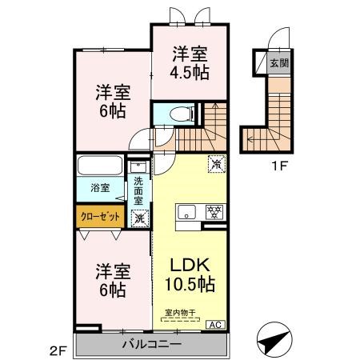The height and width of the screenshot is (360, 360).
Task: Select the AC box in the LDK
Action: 215,324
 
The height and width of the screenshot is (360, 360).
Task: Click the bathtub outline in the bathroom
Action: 100,168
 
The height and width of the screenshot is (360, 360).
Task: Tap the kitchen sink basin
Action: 186,213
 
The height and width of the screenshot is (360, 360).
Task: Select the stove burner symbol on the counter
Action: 214,213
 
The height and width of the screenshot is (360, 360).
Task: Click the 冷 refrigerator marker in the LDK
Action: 216,163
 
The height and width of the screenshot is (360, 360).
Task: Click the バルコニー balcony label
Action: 151,344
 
